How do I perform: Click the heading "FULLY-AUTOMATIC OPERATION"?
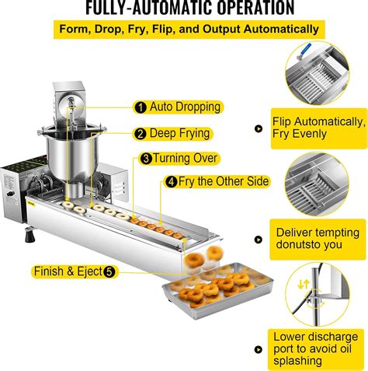(x=178, y=9)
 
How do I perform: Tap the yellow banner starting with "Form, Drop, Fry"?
(x=184, y=30)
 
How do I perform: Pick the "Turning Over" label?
(x=180, y=158)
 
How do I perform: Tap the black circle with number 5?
(x=109, y=271)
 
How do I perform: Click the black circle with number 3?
(x=146, y=158)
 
